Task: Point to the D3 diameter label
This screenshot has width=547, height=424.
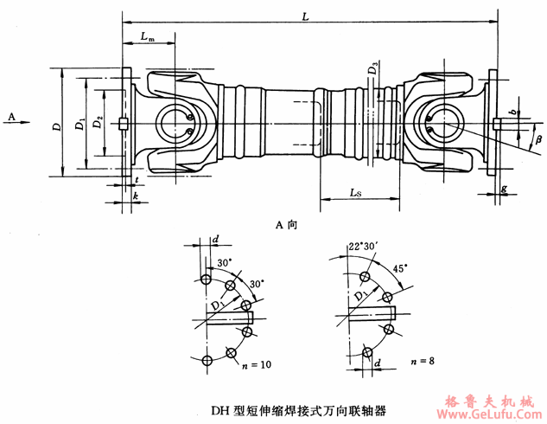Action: click(373, 65)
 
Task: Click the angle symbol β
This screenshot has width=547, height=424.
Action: click(538, 138)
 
